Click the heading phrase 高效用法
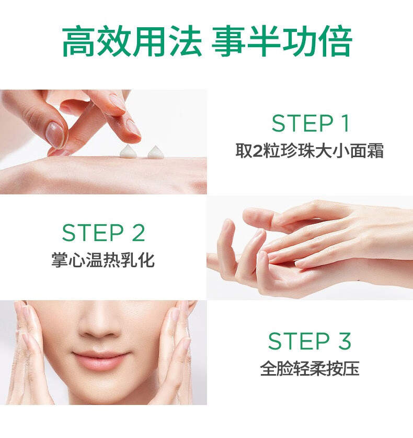132,41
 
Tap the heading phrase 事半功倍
282,41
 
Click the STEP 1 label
310,123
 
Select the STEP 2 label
104,233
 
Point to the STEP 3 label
309,341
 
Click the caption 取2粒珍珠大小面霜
309,150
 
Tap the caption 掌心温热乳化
103,260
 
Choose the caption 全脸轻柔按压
309,368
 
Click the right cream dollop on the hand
156,152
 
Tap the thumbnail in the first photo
56,135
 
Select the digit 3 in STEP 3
345,341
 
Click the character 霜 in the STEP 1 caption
375,150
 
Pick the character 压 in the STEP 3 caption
351,368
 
